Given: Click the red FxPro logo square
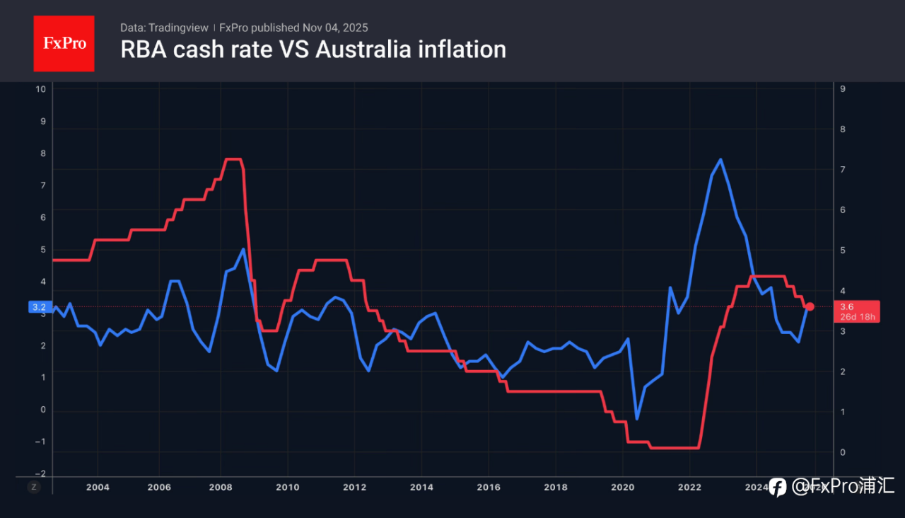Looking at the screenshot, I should (64, 43).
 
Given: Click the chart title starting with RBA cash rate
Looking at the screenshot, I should (313, 50).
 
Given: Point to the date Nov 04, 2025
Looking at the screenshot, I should (335, 28).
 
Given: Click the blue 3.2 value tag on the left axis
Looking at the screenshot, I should (39, 307).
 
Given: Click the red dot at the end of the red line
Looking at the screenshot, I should (810, 306).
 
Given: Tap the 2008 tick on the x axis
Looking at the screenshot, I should (221, 487).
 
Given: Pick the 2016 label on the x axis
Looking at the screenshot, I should (489, 487).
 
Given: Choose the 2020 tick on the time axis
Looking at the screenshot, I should (623, 487).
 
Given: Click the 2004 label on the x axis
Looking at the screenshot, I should (98, 487).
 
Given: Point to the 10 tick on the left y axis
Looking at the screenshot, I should (41, 89).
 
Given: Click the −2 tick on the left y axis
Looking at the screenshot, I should (40, 473).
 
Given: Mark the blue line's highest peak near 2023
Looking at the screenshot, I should (720, 160).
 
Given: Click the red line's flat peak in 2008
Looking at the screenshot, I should (233, 159).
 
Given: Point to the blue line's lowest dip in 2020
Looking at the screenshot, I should (637, 419).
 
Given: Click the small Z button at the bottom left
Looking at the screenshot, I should (33, 487).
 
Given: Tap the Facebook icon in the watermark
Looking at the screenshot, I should (778, 487).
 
